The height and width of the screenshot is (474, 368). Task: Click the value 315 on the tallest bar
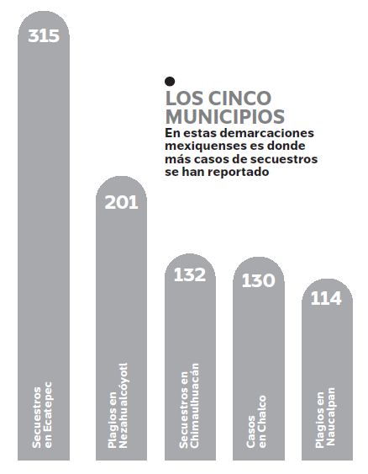(x=44, y=35)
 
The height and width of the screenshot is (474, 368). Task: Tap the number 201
(x=121, y=202)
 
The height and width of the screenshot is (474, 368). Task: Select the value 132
(x=190, y=275)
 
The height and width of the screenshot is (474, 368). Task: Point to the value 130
(x=259, y=280)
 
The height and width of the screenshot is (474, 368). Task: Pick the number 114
(x=326, y=298)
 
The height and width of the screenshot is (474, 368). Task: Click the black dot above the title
(x=170, y=81)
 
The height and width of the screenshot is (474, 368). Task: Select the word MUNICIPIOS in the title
(x=225, y=116)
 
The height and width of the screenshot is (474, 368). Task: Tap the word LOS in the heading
(x=185, y=98)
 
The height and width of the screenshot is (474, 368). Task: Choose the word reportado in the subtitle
(x=239, y=173)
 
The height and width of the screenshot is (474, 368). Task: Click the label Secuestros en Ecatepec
(x=42, y=415)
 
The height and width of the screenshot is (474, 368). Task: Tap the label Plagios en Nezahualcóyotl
(x=118, y=406)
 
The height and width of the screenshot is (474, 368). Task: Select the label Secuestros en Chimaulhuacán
(x=189, y=406)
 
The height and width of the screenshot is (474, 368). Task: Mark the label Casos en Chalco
(x=256, y=422)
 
